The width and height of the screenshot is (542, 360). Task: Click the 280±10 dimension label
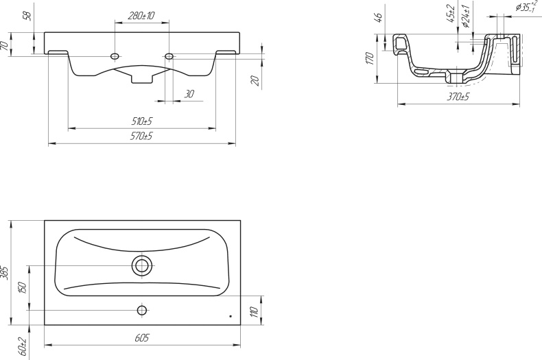[x=141, y=14]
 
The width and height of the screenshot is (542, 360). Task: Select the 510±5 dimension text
[x=142, y=121]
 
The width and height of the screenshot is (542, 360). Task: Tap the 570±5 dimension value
[x=142, y=136]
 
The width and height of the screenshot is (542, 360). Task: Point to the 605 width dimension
[x=142, y=338]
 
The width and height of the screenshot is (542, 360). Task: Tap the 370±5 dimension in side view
[x=458, y=97]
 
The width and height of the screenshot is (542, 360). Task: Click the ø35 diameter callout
[x=527, y=8]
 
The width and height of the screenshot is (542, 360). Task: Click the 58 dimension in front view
[x=27, y=16]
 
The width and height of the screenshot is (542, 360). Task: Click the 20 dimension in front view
[x=255, y=80]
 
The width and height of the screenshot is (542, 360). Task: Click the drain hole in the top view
[x=142, y=265]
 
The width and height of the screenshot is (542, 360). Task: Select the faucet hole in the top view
[x=142, y=310]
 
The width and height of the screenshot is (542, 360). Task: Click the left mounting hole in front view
[x=115, y=56]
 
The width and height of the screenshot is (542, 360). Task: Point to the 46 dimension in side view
[x=379, y=18]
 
